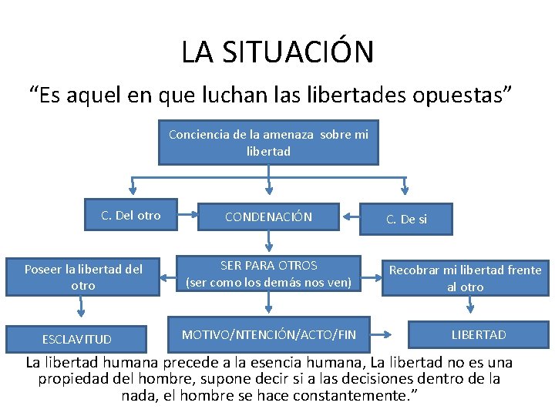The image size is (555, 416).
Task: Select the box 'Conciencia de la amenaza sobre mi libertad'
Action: pyautogui.click(x=268, y=143)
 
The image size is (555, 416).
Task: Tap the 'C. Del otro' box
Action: pyautogui.click(x=131, y=216)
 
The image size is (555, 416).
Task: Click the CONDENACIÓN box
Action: pyautogui.click(x=268, y=217)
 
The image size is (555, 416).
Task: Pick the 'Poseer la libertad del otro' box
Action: pyautogui.click(x=83, y=277)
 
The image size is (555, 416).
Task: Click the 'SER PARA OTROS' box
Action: pyautogui.click(x=268, y=273)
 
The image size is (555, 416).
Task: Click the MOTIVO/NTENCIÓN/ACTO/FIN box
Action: pyautogui.click(x=268, y=334)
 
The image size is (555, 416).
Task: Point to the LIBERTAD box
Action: pyautogui.click(x=479, y=334)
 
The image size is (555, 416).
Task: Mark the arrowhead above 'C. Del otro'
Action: pyautogui.click(x=133, y=188)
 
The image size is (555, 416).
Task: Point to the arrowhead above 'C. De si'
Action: pyautogui.click(x=406, y=188)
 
